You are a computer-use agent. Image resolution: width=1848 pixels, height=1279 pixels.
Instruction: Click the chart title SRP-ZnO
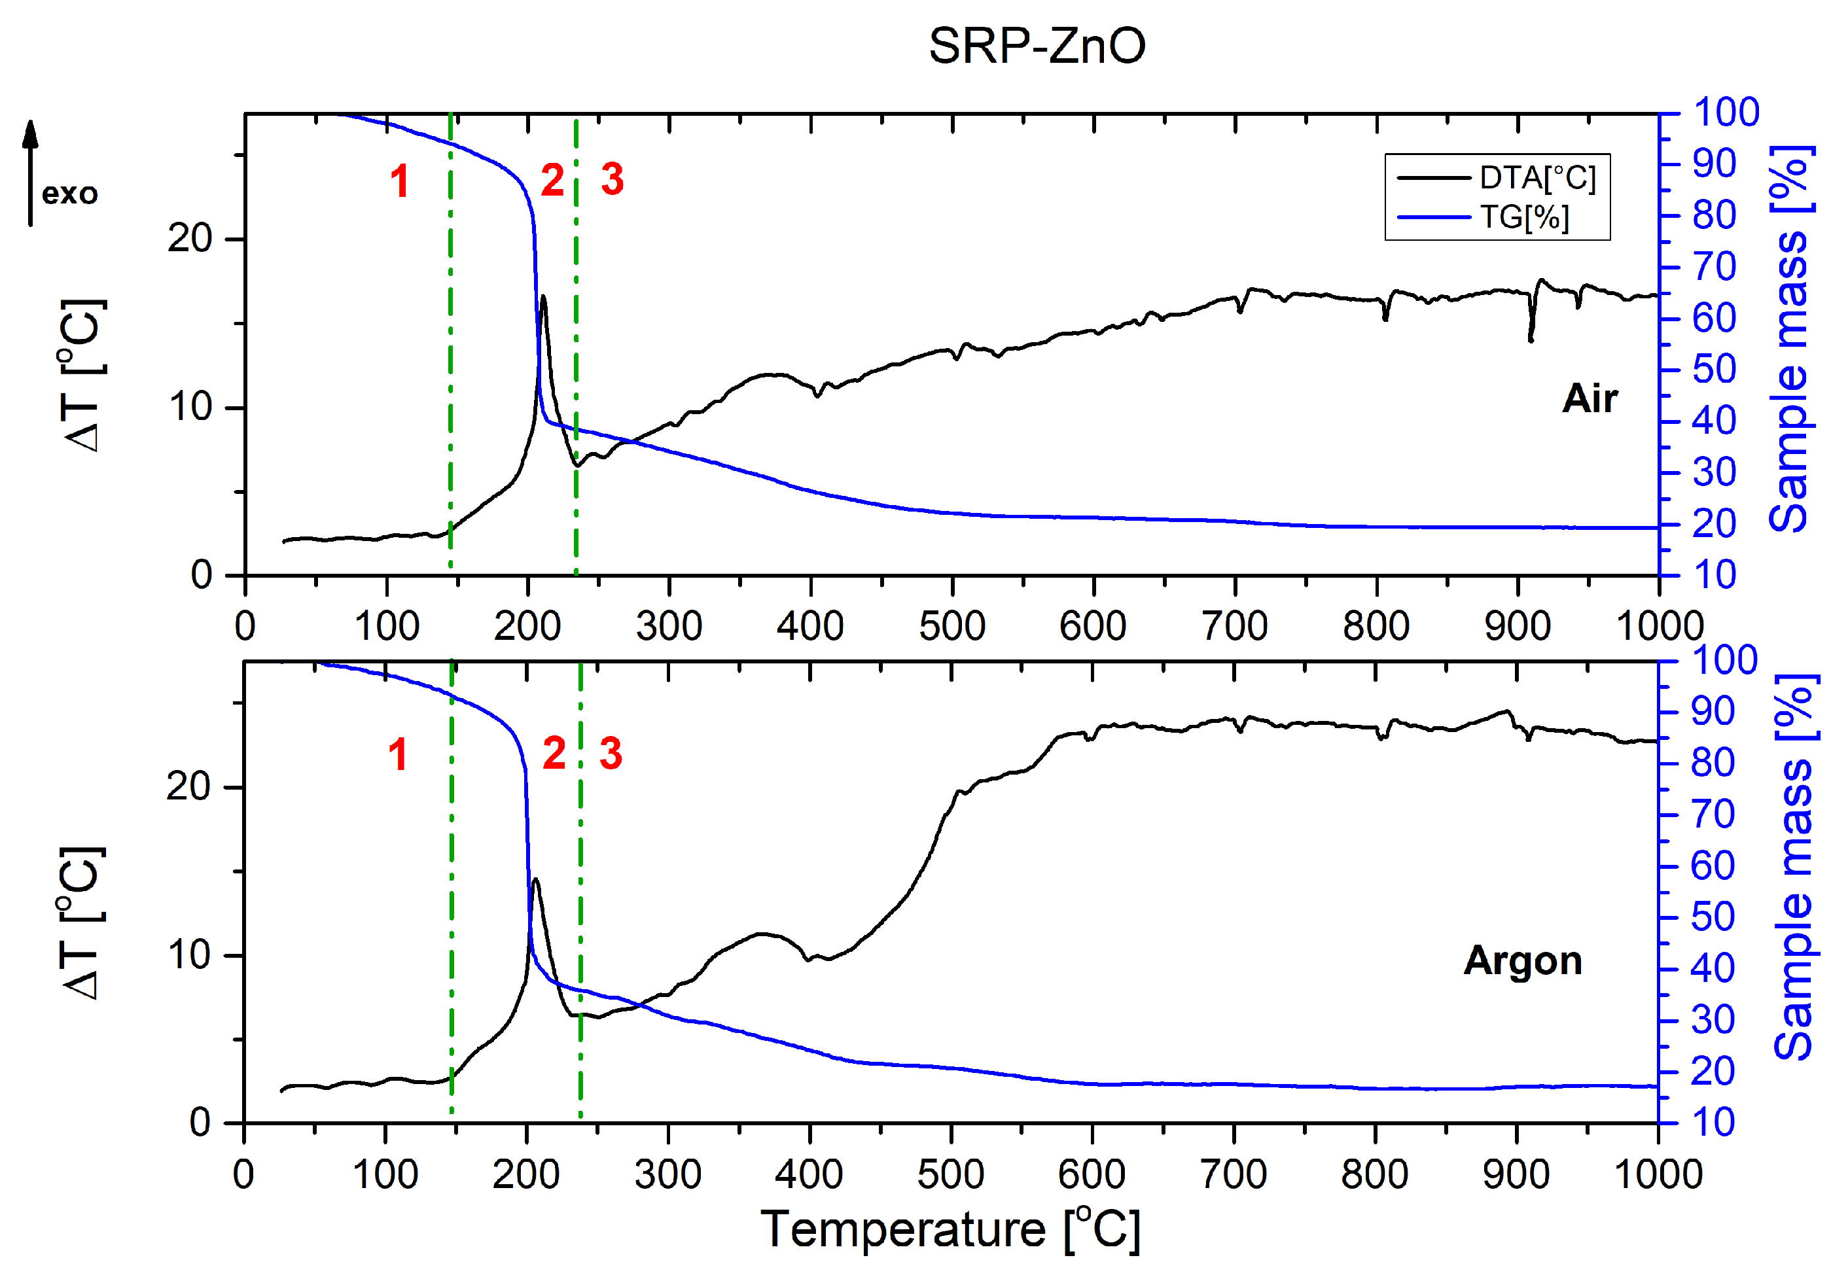1036,46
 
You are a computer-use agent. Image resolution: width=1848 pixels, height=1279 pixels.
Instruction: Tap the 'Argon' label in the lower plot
1522,960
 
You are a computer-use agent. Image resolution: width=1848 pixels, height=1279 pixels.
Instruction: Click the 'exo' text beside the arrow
70,194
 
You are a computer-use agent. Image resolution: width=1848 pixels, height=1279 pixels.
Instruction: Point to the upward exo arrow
31,172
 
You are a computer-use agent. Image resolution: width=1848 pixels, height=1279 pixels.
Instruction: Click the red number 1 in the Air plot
399,181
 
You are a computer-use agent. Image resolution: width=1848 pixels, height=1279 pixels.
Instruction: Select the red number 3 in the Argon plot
611,754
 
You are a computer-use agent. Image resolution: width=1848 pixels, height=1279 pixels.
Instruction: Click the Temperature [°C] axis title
949,1229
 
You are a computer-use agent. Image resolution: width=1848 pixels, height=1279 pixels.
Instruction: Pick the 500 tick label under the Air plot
951,626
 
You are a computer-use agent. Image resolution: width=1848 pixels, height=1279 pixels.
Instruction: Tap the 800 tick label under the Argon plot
1374,1175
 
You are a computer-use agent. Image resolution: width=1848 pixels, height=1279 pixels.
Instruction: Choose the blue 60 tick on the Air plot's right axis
1714,318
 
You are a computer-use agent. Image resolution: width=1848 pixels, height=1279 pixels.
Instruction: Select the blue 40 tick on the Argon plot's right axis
1713,969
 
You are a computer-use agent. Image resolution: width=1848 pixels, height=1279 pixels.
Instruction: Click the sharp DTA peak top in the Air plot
543,297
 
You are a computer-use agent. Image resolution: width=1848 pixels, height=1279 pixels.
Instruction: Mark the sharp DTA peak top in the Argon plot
535,879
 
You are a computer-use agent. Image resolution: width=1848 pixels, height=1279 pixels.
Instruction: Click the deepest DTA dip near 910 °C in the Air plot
1531,341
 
